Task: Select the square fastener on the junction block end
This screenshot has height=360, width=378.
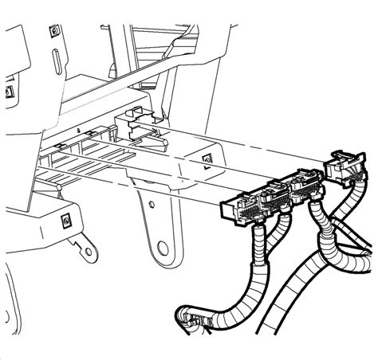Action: coord(206,160)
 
